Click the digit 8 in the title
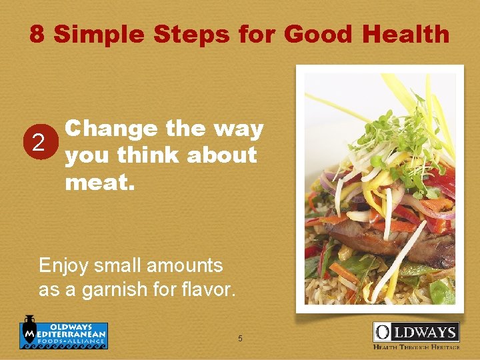[x=37, y=33]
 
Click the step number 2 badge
[x=39, y=141]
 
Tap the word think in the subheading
[x=148, y=155]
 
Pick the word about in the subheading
[x=221, y=155]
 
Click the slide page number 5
[x=240, y=339]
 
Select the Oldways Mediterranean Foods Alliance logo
[x=63, y=332]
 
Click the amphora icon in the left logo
[x=29, y=331]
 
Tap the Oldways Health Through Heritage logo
[x=415, y=335]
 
